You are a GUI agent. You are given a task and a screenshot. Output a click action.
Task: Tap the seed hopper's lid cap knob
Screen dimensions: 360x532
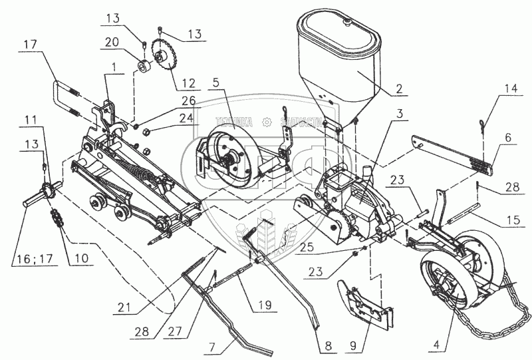click(x=346, y=21)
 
